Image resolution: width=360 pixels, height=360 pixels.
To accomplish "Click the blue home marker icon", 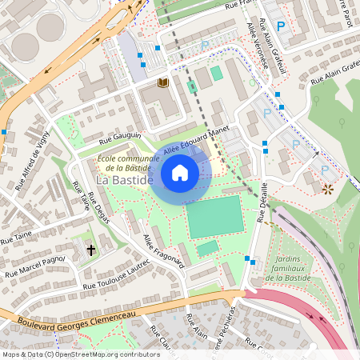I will click(180, 172).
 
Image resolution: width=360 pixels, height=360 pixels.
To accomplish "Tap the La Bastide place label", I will click(123, 181).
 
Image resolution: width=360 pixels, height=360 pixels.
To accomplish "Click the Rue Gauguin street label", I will click(120, 139).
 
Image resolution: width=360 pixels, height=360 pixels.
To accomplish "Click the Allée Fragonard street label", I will click(164, 250).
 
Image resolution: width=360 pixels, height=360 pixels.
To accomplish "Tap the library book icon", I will click(163, 82).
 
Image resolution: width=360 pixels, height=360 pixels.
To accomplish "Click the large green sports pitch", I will click(214, 217).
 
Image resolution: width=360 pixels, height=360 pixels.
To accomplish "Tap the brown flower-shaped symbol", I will click(327, 190).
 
